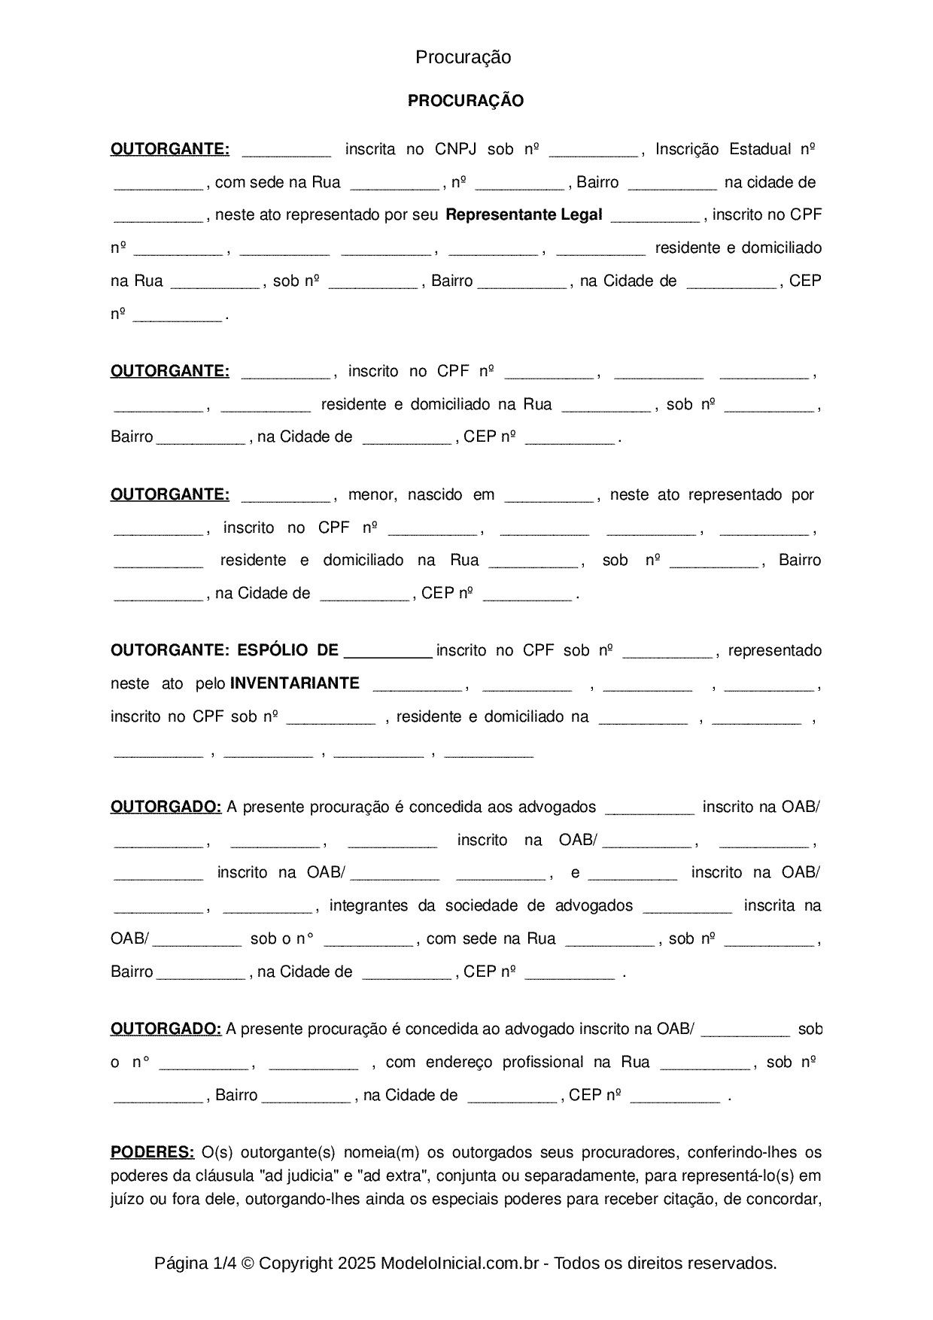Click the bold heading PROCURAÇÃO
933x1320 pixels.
[x=465, y=101]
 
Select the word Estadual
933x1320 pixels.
[x=760, y=149]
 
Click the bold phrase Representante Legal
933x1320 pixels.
[x=524, y=214]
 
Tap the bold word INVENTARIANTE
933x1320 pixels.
[x=294, y=683]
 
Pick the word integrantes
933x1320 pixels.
[x=369, y=905]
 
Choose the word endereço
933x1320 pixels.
[x=458, y=1062]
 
